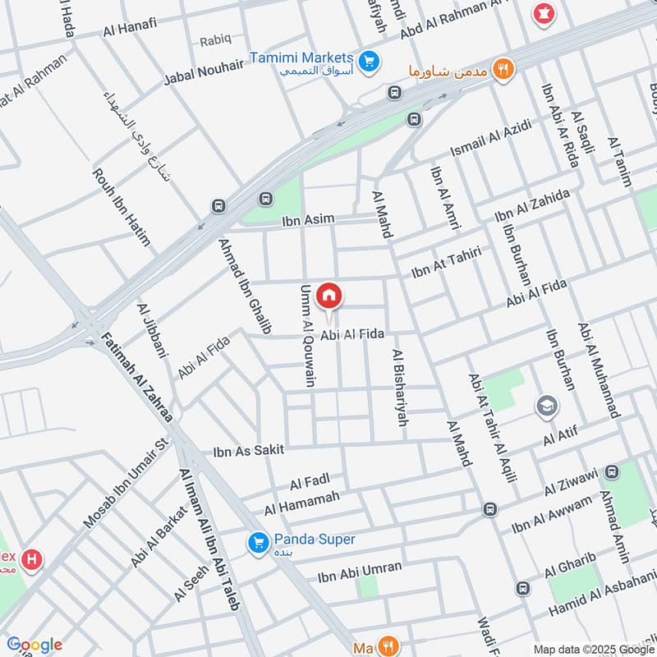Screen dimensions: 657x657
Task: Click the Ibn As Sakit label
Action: point(249,450)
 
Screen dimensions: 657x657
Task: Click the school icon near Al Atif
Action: point(545,406)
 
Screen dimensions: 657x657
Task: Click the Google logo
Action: point(34,645)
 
